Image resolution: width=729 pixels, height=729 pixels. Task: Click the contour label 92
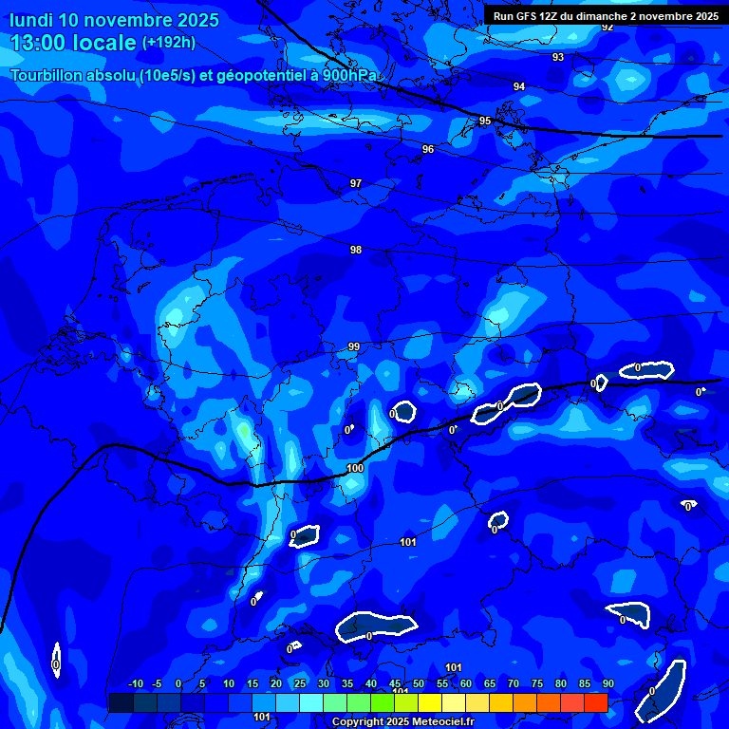[x=607, y=27]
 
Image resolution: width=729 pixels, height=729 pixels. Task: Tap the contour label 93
[x=558, y=58]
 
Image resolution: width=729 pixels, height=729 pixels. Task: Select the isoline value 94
[x=519, y=87]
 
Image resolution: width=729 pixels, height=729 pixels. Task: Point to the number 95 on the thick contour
[x=485, y=121]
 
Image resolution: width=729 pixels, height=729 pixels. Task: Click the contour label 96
[x=428, y=150]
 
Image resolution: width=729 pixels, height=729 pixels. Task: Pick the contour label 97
[x=356, y=183]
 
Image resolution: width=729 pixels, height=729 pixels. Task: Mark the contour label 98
[x=356, y=250]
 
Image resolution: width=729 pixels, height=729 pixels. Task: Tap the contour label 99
[x=354, y=347]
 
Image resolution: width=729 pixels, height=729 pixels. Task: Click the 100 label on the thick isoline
[x=355, y=468]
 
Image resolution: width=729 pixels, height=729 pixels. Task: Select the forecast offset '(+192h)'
[x=169, y=43]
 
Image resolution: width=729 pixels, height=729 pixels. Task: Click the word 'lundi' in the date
[x=30, y=19]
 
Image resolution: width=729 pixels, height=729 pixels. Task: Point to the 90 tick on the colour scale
[x=607, y=684]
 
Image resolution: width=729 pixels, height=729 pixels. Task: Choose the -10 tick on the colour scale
[x=135, y=684]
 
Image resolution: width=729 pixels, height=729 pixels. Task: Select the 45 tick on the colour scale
[x=395, y=684]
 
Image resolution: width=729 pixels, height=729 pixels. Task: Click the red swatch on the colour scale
[x=595, y=702]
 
